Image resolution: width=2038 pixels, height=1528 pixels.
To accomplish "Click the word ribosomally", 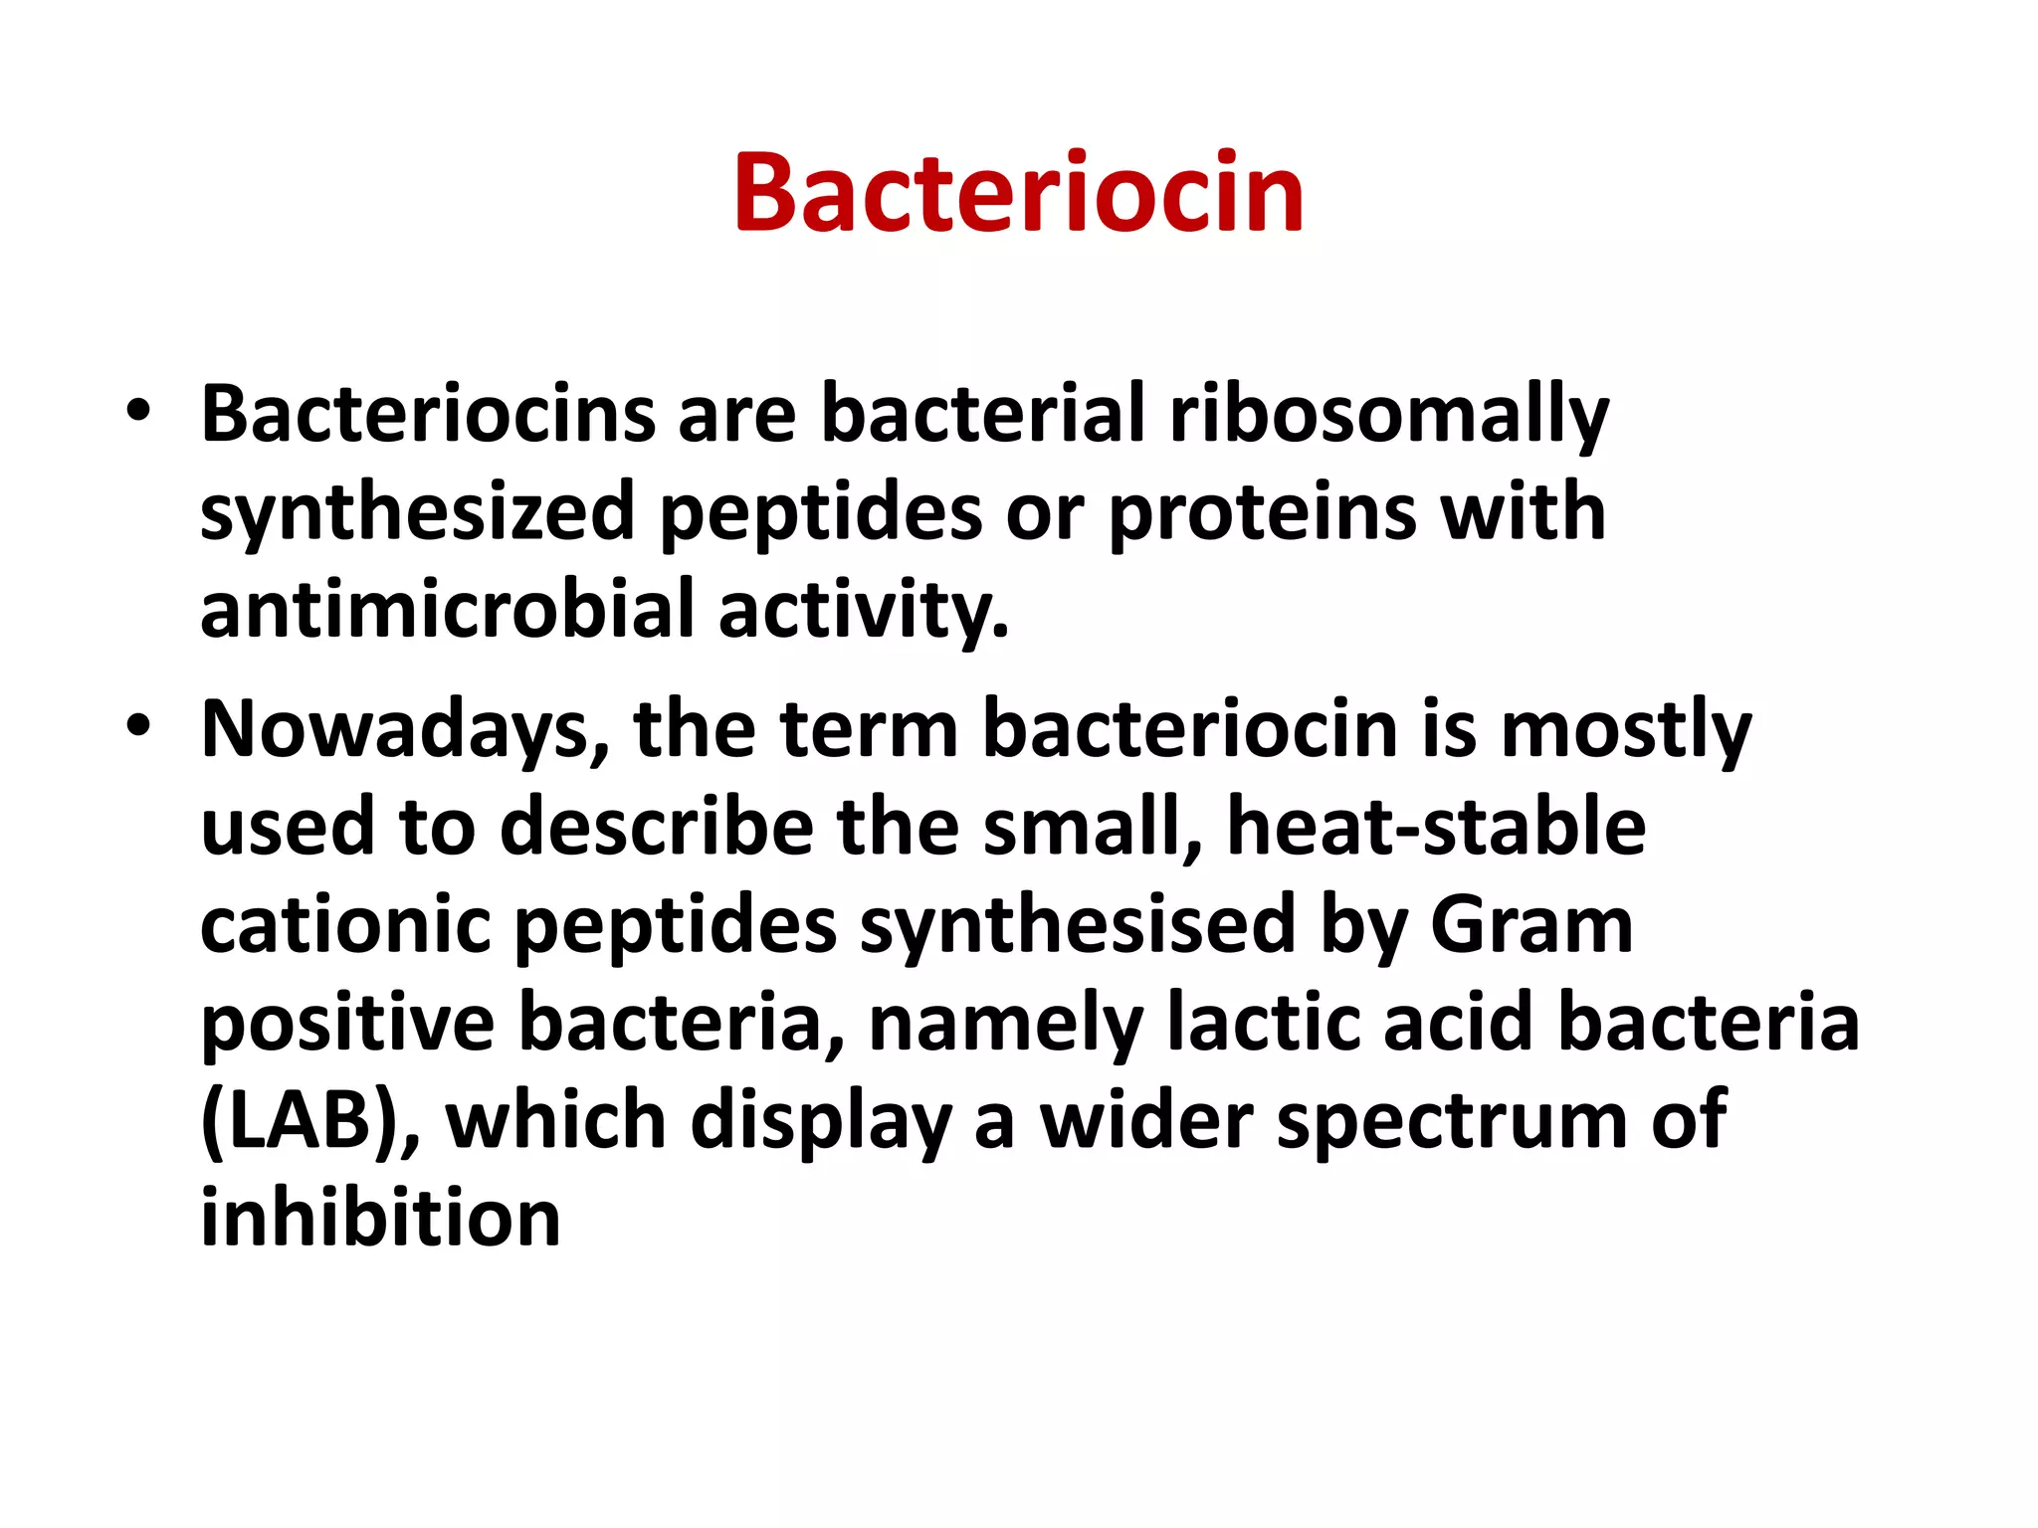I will point(1388,416).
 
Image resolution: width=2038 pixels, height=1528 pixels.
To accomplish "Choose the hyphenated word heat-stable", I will point(1436,828).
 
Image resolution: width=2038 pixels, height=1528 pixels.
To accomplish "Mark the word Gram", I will point(1531,925).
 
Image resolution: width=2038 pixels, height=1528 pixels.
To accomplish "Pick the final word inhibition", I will point(380,1219).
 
